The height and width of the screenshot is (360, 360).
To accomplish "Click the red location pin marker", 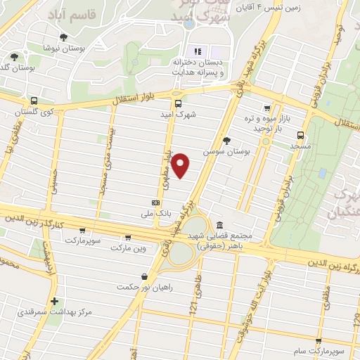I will pos(181,165).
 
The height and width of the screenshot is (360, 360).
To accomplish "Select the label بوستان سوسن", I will pos(219,151).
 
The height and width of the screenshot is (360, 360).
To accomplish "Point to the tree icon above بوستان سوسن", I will pos(226,141).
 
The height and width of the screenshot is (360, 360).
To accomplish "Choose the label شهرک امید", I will pos(186,113).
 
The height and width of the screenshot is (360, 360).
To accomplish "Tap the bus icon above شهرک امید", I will pos(177,103).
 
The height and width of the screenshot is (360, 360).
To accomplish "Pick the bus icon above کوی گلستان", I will pos(34,101).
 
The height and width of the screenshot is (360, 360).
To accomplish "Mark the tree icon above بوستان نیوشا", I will pos(63,37).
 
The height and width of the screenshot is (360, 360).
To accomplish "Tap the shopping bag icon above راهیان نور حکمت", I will pos(144,276).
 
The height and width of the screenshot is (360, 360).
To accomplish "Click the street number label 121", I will pos(192,305).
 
